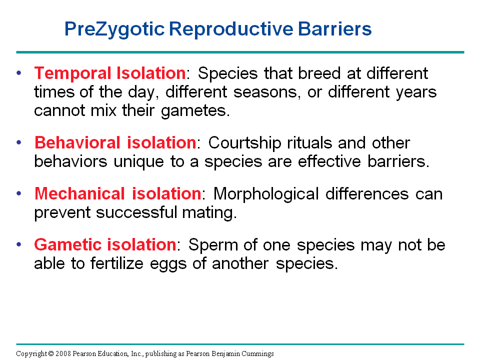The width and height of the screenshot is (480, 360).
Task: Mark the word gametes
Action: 195,111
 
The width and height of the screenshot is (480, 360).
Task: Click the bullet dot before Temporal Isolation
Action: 19,73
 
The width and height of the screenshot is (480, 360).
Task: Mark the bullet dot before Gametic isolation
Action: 19,244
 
